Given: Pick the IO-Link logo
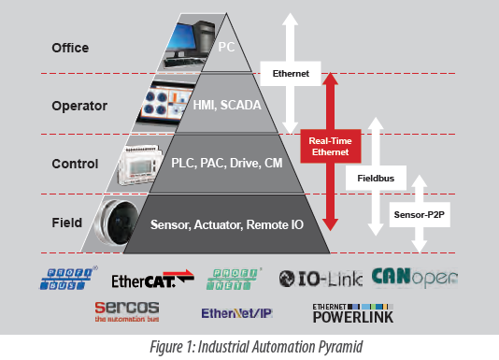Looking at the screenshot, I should click(321, 277).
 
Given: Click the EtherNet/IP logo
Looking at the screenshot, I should click(237, 312).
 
